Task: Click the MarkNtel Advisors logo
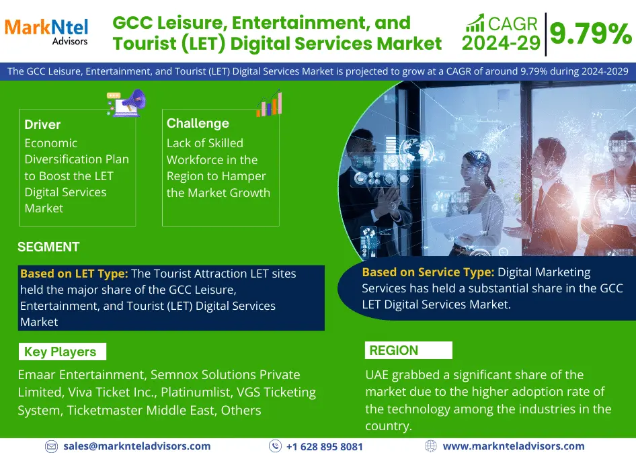pyautogui.click(x=46, y=31)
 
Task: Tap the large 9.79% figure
pyautogui.click(x=591, y=33)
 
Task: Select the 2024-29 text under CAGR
pyautogui.click(x=502, y=43)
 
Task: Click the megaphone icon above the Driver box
pyautogui.click(x=126, y=103)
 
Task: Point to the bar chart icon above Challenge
pyautogui.click(x=269, y=103)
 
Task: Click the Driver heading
pyautogui.click(x=42, y=124)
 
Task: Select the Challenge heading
pyautogui.click(x=198, y=123)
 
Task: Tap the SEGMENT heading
pyautogui.click(x=48, y=247)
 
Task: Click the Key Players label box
pyautogui.click(x=63, y=352)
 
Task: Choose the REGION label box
pyautogui.click(x=409, y=350)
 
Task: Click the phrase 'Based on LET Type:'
pyautogui.click(x=74, y=274)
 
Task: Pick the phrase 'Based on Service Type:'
pyautogui.click(x=428, y=272)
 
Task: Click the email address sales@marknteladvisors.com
pyautogui.click(x=136, y=446)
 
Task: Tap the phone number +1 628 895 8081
pyautogui.click(x=324, y=446)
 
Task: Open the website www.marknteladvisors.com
pyautogui.click(x=514, y=446)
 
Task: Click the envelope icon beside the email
pyautogui.click(x=51, y=446)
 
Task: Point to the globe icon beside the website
pyautogui.click(x=431, y=446)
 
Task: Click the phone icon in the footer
pyautogui.click(x=275, y=446)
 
